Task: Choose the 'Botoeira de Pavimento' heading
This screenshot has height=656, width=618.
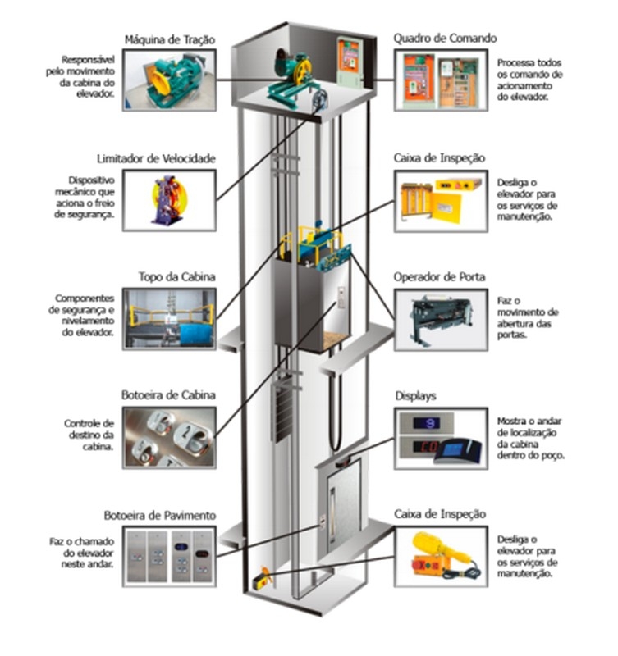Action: [160, 515]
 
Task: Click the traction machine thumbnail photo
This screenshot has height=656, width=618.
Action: [170, 80]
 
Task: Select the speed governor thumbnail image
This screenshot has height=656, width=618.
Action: [170, 200]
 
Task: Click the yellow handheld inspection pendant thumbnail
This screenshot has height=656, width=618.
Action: [441, 555]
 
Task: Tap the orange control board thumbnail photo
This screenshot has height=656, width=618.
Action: [442, 80]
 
